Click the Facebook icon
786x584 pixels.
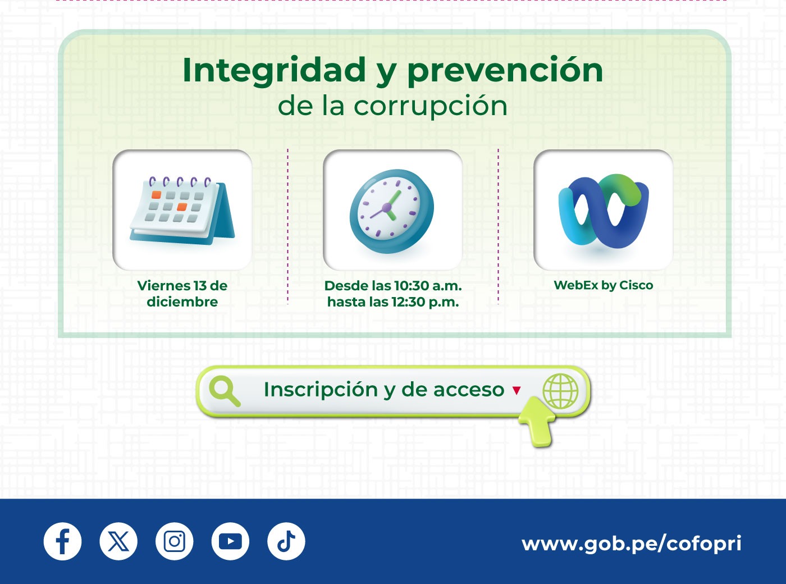pyautogui.click(x=62, y=541)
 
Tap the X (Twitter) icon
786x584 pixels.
pyautogui.click(x=118, y=541)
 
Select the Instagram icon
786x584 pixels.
pyautogui.click(x=175, y=541)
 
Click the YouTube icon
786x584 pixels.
pyautogui.click(x=230, y=541)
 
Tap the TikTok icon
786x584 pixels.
pyautogui.click(x=286, y=541)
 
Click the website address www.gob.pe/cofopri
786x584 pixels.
pyautogui.click(x=631, y=544)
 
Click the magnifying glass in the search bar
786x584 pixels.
pyautogui.click(x=225, y=391)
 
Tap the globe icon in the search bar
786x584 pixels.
pyautogui.click(x=560, y=391)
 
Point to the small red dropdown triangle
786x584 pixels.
pyautogui.click(x=517, y=390)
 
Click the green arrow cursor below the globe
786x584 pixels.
pyautogui.click(x=537, y=421)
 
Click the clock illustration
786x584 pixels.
pyautogui.click(x=391, y=211)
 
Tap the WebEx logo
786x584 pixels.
pyautogui.click(x=604, y=211)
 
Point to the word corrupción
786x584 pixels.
pyautogui.click(x=431, y=107)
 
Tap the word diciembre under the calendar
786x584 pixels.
pyautogui.click(x=182, y=302)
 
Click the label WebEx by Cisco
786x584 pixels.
pyautogui.click(x=604, y=286)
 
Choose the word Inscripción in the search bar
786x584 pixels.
pyautogui.click(x=321, y=390)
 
